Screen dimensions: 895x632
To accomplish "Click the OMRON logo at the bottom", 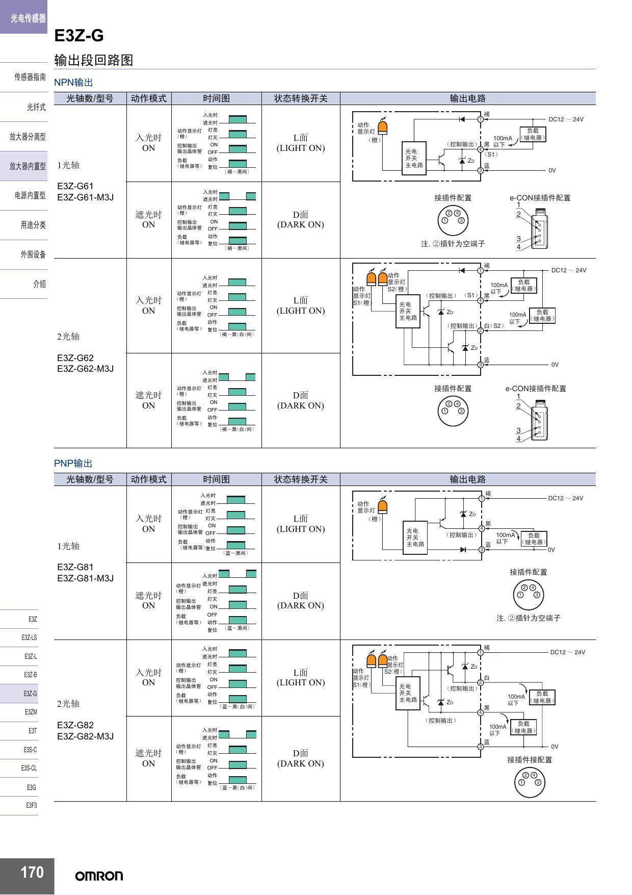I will tap(99, 876).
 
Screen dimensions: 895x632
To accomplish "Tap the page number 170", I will tap(32, 872).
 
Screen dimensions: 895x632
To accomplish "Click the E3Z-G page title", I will tap(79, 36).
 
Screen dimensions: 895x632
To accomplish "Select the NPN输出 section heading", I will tap(73, 82).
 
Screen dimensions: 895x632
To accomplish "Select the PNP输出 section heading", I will tap(73, 463).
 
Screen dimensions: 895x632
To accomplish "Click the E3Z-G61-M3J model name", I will tap(85, 197).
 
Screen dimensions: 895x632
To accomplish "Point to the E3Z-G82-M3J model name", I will tap(85, 736).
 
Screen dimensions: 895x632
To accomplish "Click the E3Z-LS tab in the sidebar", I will tap(29, 637).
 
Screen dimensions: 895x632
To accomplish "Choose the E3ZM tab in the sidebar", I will tap(31, 712).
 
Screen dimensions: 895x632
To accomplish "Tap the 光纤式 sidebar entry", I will tap(36, 107).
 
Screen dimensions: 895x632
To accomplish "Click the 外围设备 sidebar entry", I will tap(33, 254).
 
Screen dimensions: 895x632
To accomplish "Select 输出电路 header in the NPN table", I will tap(467, 98).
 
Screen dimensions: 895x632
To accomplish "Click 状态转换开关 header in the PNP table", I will tap(301, 479).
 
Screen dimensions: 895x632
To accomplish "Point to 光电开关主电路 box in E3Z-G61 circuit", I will tap(414, 158).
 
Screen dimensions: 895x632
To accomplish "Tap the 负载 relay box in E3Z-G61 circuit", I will tap(533, 134).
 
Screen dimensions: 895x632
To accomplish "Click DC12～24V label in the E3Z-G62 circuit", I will tap(569, 270).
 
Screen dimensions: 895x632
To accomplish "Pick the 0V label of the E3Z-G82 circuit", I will tap(555, 746).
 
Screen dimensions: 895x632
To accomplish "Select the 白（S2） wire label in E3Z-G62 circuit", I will tap(494, 325).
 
